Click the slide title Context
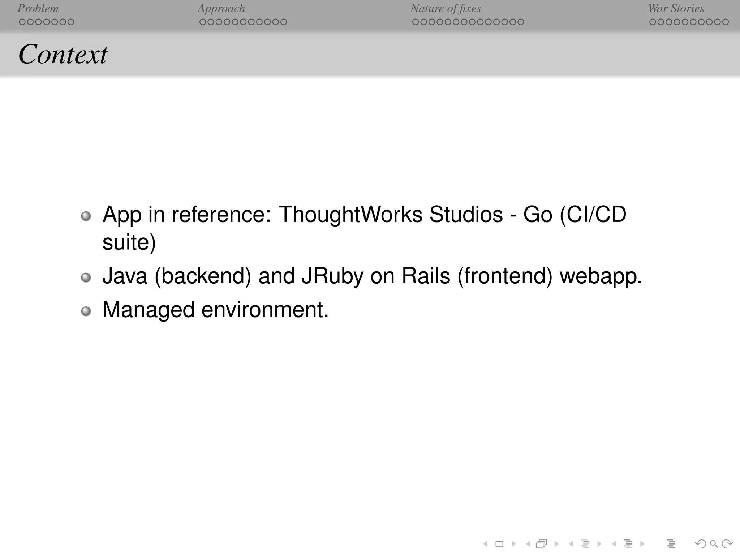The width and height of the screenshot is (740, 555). coord(63,55)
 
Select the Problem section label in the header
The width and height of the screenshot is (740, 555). coord(38,8)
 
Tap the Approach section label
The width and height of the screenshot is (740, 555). coord(221,8)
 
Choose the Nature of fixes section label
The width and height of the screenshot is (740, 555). coord(446,8)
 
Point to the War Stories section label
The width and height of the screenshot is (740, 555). coord(676,8)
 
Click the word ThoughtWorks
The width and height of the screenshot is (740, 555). coord(350,215)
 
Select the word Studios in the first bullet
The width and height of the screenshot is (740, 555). coord(466,215)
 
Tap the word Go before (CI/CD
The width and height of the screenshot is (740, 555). coord(538,215)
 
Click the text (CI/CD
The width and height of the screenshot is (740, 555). coord(593,215)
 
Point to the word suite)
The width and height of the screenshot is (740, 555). coord(129,242)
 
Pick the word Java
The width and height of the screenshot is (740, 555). coord(125,276)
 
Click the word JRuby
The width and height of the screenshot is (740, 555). coord(332,276)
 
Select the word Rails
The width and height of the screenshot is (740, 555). coord(426,276)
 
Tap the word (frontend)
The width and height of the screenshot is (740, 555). coord(505,276)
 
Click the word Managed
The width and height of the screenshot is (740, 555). coord(149,310)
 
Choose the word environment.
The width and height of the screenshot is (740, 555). coord(265,310)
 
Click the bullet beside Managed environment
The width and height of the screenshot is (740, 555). coord(86,311)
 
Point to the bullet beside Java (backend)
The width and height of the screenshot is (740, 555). coord(86,277)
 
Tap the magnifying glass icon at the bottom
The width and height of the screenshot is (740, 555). coord(714,543)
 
